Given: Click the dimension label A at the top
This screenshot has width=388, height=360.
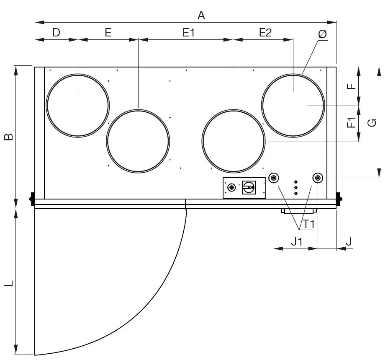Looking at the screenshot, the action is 201,16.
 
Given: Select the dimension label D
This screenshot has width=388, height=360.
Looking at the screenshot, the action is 56,32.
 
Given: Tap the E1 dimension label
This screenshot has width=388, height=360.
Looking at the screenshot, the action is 188,32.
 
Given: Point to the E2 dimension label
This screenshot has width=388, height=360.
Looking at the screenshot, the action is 265,32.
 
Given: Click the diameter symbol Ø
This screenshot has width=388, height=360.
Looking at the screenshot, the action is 322,34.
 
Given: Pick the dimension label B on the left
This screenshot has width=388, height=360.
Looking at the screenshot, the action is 9,137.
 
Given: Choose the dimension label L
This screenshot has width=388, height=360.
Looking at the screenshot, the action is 9,283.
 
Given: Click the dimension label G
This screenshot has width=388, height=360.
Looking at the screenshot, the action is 372,123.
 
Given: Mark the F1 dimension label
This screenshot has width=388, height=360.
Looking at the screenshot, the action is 352,122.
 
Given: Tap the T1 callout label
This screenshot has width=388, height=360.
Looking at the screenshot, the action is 308,224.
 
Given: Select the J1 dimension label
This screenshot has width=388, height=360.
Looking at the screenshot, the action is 296,241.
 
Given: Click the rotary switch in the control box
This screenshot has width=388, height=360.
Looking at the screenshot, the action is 249,187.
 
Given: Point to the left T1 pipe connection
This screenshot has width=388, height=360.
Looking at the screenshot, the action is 274,178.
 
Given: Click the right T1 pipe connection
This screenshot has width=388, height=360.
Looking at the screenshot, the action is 318,178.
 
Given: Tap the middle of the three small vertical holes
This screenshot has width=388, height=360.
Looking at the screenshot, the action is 295,188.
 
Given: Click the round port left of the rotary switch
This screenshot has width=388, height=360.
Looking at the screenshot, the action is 231,187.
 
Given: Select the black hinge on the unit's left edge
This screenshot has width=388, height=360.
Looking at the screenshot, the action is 32,199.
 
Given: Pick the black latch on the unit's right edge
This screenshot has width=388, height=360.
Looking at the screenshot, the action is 339,199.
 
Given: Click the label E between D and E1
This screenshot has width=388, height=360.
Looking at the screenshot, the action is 108,32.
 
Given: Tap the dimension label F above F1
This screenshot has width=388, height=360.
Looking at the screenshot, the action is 352,86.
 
